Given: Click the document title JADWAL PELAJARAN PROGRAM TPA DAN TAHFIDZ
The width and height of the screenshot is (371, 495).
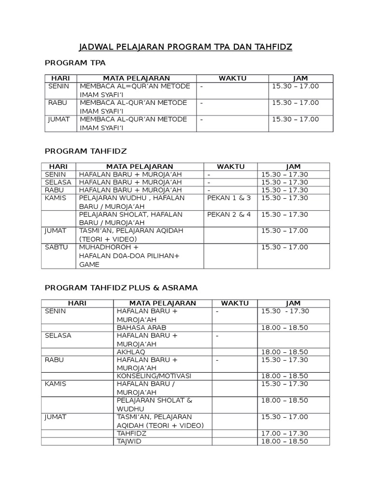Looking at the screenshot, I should (185, 47).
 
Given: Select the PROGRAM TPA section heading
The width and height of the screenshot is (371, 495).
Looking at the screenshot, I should (75, 63).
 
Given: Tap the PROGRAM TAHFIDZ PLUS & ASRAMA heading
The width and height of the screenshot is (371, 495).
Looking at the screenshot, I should (121, 288).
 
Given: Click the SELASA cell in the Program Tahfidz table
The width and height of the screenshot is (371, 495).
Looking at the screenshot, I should (58, 182).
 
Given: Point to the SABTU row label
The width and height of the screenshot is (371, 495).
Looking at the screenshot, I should (55, 247).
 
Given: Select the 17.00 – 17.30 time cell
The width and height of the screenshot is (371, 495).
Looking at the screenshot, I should (285, 433).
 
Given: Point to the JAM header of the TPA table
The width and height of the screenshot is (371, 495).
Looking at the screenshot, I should (300, 78).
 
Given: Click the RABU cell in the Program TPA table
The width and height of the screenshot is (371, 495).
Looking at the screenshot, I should (57, 102).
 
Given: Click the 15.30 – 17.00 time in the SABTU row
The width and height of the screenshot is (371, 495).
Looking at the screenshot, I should (285, 247).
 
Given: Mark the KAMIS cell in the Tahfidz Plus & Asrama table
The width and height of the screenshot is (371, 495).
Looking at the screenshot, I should (56, 383).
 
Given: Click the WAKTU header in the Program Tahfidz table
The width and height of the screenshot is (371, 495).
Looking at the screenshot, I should (230, 167).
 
